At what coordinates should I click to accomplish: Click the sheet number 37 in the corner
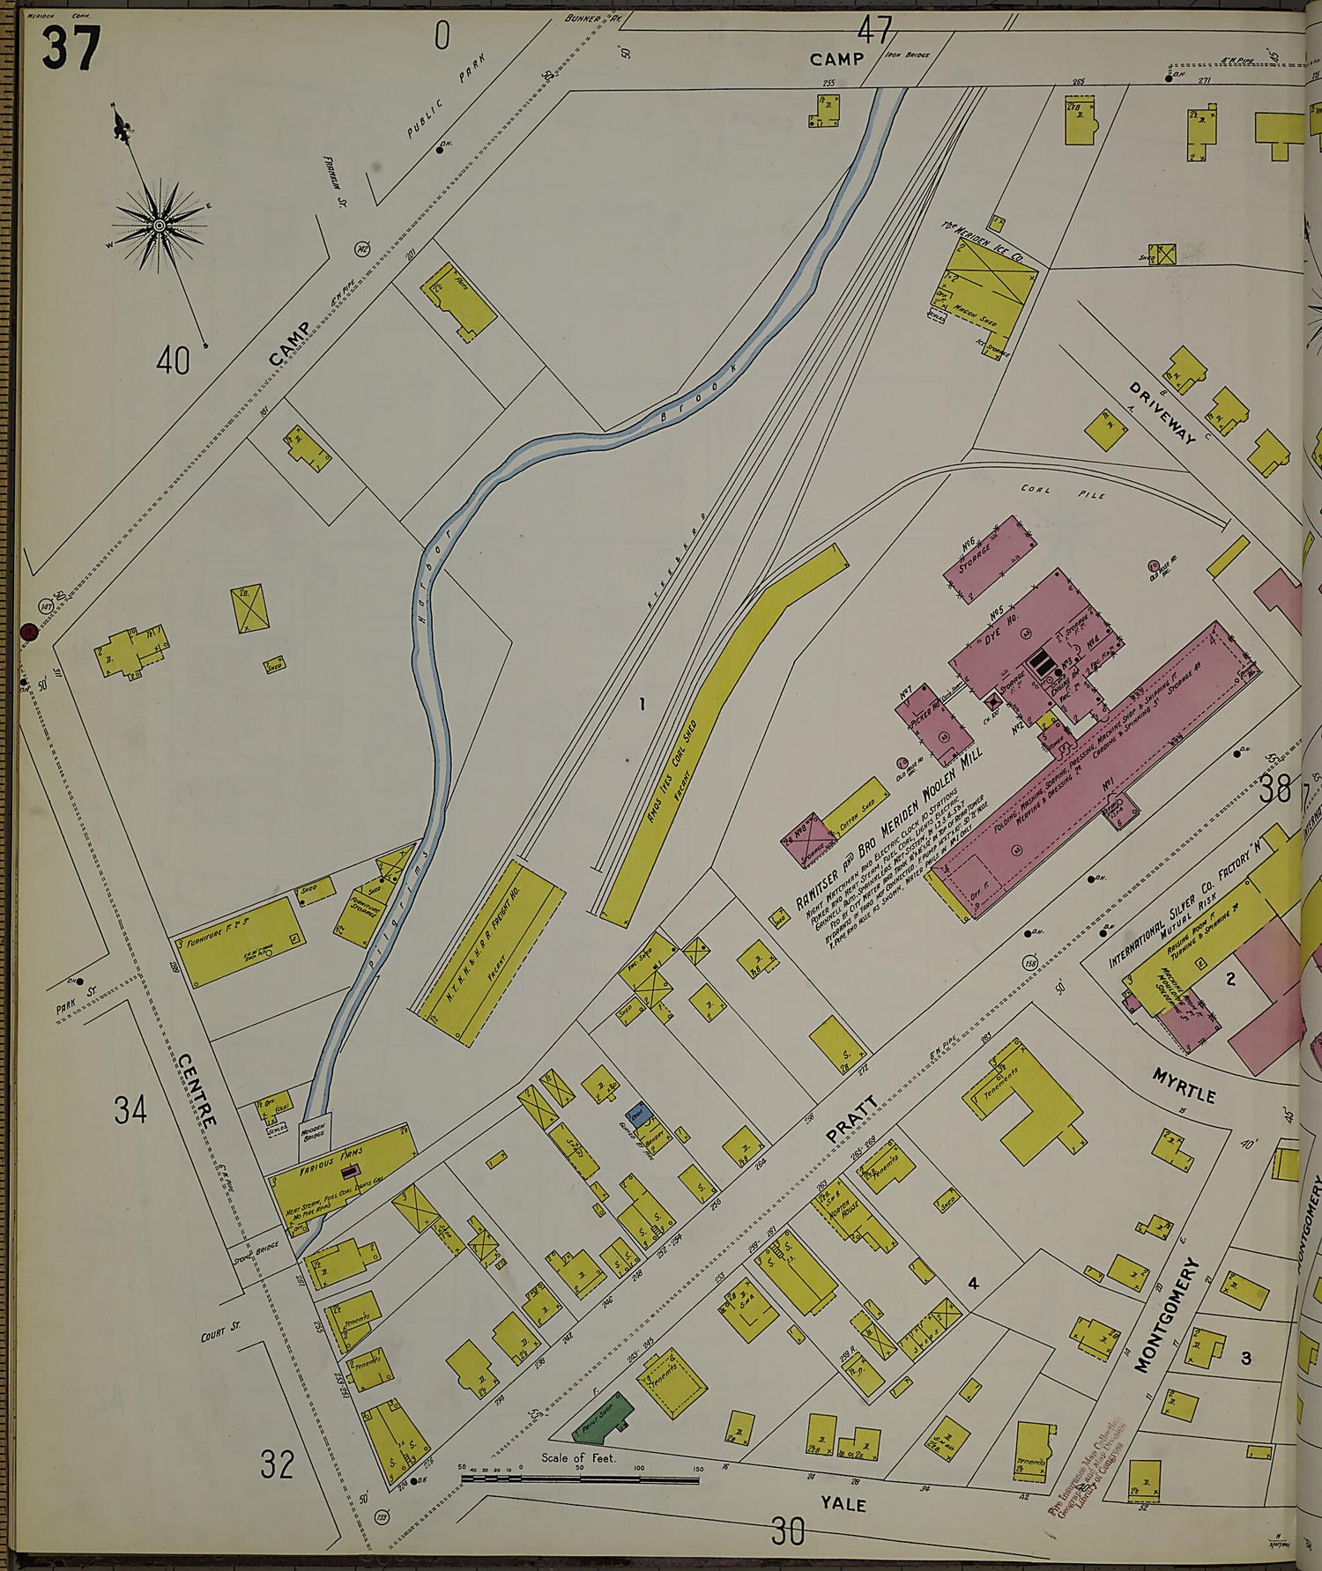[71, 48]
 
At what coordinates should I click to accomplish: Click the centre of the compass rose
[160, 226]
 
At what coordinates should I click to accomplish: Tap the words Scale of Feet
[578, 1457]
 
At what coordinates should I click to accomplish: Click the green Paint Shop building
[603, 1415]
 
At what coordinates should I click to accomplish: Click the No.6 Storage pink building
[989, 559]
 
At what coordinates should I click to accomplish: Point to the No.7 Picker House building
[932, 720]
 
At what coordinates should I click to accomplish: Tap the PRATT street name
[852, 1120]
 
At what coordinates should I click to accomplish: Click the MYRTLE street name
[1185, 1084]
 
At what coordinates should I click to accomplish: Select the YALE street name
[843, 1503]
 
